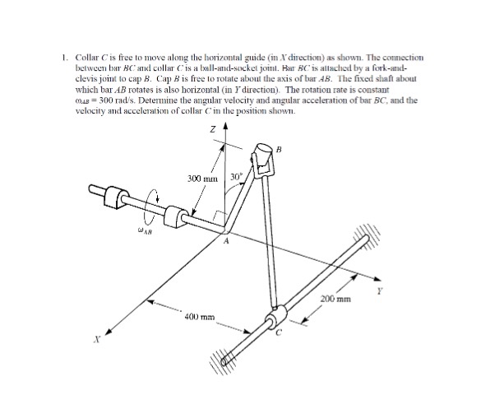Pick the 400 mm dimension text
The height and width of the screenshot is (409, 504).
tap(200, 315)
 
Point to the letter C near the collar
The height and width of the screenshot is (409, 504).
tap(280, 332)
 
